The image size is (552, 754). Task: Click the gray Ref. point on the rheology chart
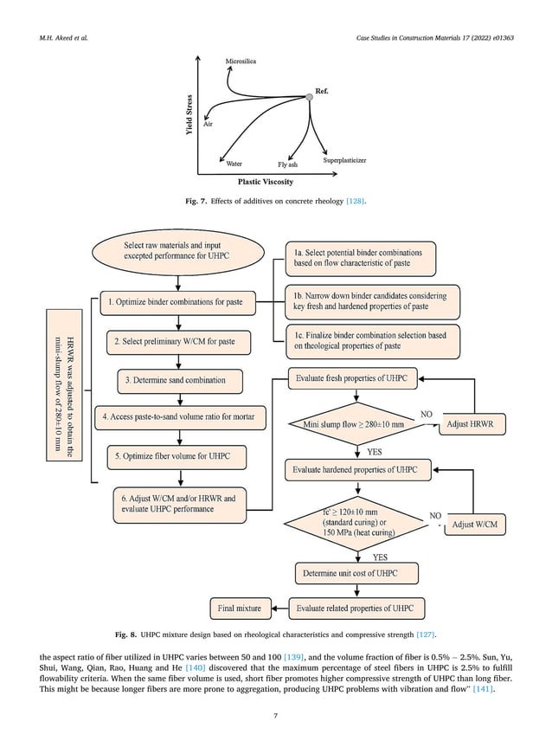[x=309, y=97]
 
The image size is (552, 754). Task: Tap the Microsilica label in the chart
[x=241, y=61]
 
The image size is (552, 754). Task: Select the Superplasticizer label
[x=344, y=160]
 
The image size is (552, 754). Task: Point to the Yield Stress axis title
[x=189, y=114]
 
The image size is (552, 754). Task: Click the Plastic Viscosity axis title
[x=266, y=182]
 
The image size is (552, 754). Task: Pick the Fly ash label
[x=287, y=164]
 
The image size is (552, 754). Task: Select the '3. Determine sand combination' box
[x=180, y=380]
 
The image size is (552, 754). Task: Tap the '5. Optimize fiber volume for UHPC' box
[x=177, y=456]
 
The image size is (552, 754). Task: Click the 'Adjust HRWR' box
[x=472, y=424]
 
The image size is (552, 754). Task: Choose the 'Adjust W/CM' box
[x=475, y=524]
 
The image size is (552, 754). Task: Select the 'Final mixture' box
[x=241, y=609]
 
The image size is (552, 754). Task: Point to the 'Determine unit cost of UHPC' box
[x=356, y=573]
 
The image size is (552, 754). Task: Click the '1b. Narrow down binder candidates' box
[x=372, y=301]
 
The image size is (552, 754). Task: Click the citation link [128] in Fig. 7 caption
[x=355, y=201]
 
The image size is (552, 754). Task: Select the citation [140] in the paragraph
[x=195, y=667]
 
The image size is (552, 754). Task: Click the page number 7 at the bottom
[x=275, y=716]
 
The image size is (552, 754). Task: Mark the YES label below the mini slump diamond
[x=375, y=452]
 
